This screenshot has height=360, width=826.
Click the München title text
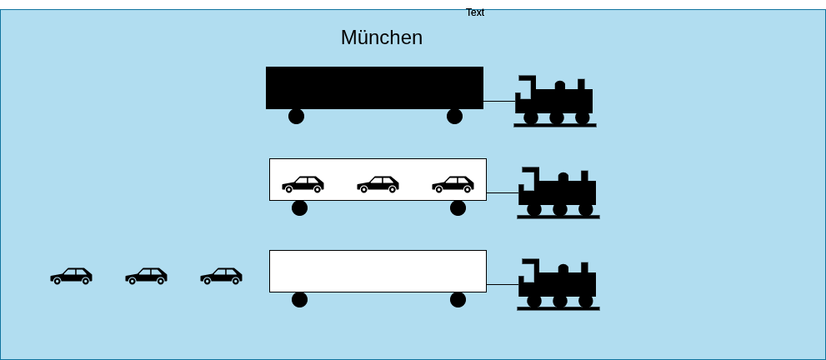(x=382, y=37)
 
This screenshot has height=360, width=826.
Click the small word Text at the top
(x=475, y=12)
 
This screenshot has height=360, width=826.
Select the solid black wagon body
(x=374, y=87)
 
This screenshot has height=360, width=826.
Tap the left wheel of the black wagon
(x=297, y=117)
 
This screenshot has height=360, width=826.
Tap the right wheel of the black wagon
(x=454, y=117)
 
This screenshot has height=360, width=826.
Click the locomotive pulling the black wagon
(x=555, y=102)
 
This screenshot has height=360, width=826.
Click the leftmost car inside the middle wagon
(x=303, y=185)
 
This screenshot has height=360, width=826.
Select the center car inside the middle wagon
(x=378, y=185)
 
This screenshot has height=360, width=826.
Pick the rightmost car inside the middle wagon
(x=453, y=185)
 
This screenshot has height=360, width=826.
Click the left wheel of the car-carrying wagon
(x=300, y=207)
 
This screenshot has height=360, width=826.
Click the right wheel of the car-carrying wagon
(x=458, y=207)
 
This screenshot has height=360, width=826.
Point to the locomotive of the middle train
(x=558, y=192)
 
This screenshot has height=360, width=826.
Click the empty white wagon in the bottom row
(x=378, y=271)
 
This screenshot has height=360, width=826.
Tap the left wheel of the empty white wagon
(x=300, y=299)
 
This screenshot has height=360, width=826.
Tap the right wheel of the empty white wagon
(x=458, y=299)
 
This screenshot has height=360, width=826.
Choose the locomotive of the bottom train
(x=558, y=284)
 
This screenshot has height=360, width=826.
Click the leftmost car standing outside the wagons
(x=71, y=277)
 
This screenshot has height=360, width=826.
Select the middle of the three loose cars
(x=146, y=277)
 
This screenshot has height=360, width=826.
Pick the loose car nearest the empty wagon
(x=221, y=277)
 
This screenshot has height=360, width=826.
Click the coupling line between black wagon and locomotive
(x=499, y=101)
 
